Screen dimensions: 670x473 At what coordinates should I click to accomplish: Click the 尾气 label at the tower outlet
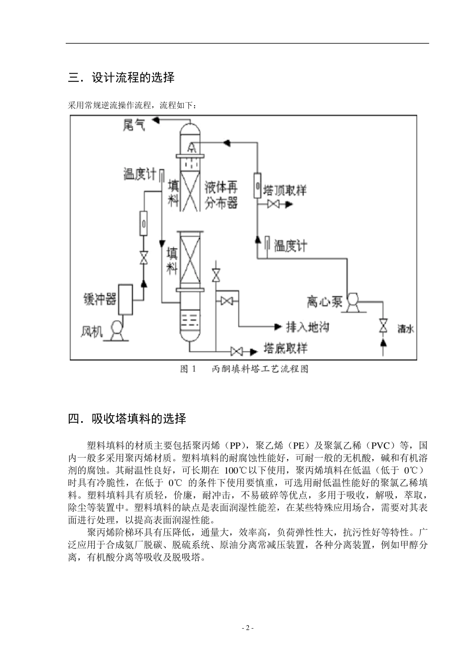click(x=134, y=125)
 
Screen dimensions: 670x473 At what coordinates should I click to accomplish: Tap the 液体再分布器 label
click(x=221, y=195)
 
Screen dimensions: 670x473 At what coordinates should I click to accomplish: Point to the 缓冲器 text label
click(x=100, y=300)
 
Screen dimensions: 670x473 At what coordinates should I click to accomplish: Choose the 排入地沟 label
click(x=308, y=327)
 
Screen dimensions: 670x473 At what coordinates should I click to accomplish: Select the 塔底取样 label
click(x=286, y=348)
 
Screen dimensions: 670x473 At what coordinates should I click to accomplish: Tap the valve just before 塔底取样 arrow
click(x=237, y=351)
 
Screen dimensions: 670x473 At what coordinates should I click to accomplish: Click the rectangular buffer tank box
click(x=126, y=300)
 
